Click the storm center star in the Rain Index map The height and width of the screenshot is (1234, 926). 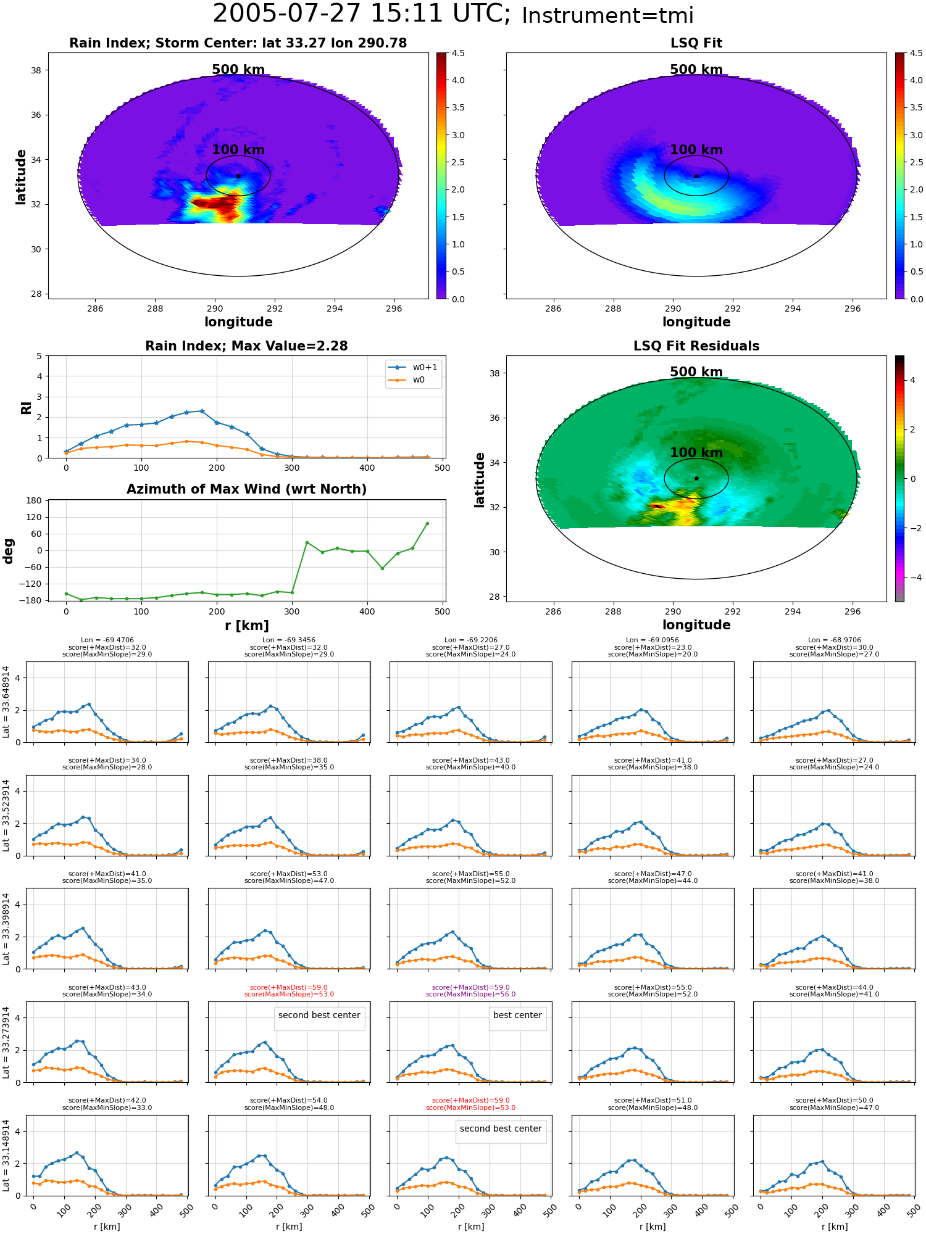[x=238, y=176]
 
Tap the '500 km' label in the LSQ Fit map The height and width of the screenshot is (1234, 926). [x=696, y=70]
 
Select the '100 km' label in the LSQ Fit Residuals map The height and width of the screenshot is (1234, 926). [x=696, y=453]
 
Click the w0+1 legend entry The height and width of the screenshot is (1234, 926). [x=414, y=367]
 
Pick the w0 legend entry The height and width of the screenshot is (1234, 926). [x=407, y=380]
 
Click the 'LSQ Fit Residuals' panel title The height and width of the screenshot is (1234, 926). [x=696, y=346]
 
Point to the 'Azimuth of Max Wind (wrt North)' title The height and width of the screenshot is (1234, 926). [x=246, y=489]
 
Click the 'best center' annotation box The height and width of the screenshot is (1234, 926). [x=517, y=1015]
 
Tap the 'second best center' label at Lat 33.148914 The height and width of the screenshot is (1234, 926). [x=501, y=1128]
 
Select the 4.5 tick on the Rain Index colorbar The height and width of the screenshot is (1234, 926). [x=458, y=53]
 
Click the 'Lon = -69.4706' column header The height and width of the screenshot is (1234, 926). [x=107, y=640]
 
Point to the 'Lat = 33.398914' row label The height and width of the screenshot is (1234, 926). [x=6, y=929]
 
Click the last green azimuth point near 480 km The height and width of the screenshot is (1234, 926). [x=427, y=523]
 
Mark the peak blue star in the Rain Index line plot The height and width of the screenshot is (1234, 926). [x=202, y=411]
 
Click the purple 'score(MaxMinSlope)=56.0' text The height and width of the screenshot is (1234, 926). [x=470, y=994]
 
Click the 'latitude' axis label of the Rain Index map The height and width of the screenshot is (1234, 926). [x=21, y=176]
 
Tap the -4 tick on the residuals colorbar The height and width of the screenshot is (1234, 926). [x=912, y=578]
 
